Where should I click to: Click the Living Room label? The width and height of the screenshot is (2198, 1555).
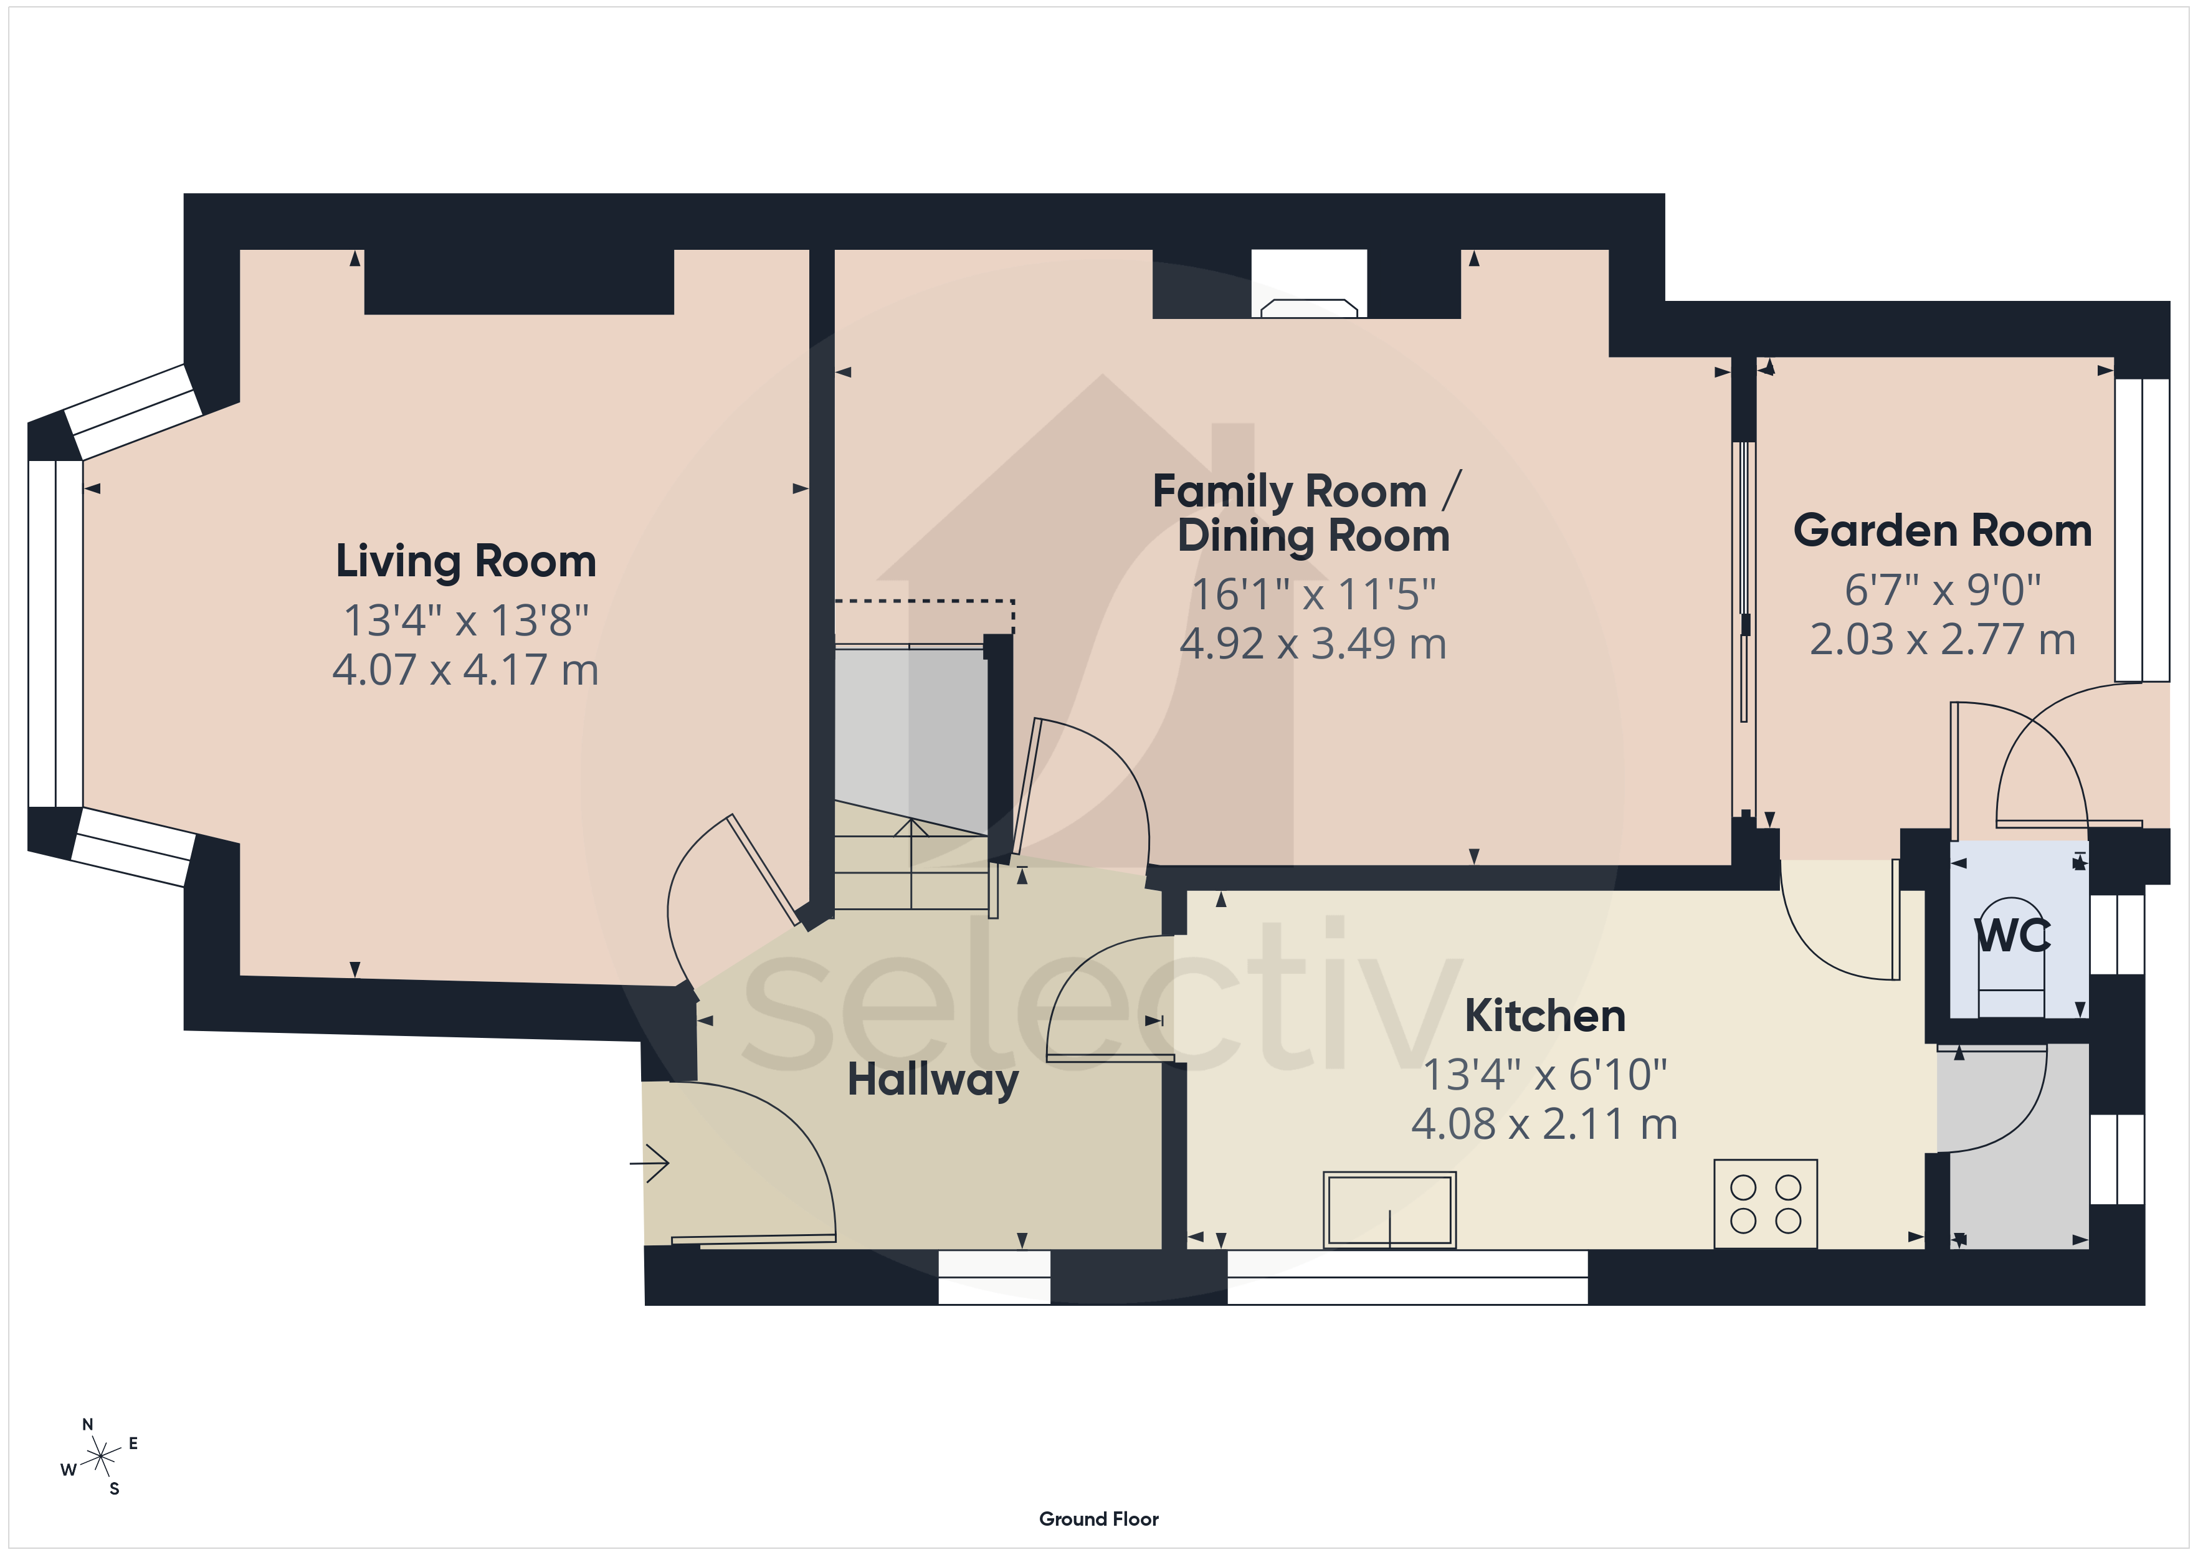pos(466,561)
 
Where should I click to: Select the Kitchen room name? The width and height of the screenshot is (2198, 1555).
pos(1545,1016)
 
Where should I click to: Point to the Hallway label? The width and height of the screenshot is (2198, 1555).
pos(933,1081)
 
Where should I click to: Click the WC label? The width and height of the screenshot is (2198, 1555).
pos(2013,936)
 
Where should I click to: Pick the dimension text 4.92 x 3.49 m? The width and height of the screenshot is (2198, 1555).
pos(1313,644)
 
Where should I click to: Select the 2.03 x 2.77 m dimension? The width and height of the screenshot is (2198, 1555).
pos(1943,640)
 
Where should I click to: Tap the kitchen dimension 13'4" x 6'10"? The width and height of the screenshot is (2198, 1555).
pos(1545,1074)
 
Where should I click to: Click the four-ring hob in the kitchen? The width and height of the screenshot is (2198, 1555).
pos(1765,1204)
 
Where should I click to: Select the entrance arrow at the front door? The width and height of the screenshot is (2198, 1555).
pos(649,1163)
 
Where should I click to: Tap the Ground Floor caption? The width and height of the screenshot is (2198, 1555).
pos(1099,1519)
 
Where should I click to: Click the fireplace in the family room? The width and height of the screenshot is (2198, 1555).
pos(1309,307)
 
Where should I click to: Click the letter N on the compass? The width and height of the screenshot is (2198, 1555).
pos(88,1425)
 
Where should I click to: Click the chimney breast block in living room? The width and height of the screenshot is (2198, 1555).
pos(519,282)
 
